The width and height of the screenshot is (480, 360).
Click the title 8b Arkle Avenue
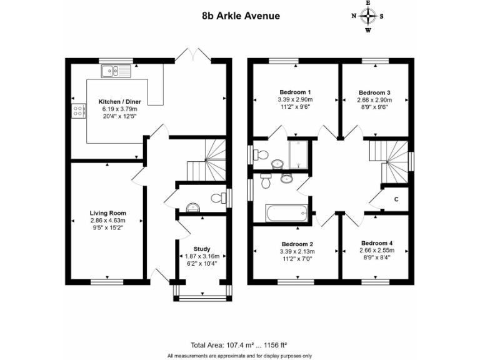click(240, 15)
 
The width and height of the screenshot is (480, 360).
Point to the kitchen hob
click(79, 111)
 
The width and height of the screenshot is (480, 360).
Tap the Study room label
click(202, 248)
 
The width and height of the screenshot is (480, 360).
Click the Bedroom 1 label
click(294, 91)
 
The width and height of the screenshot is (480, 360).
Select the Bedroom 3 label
click(375, 91)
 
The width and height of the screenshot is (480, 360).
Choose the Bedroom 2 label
click(297, 244)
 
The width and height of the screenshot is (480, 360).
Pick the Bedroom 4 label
click(376, 242)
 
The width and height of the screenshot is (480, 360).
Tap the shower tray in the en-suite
click(299, 154)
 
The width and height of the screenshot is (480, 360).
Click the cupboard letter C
click(396, 199)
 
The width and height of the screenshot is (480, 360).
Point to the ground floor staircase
click(209, 160)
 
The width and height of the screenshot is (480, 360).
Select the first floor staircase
click(388, 160)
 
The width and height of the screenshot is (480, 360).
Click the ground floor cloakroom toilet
click(217, 198)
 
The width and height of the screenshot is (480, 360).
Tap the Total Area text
click(239, 344)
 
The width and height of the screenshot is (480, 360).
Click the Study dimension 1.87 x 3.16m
click(202, 256)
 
